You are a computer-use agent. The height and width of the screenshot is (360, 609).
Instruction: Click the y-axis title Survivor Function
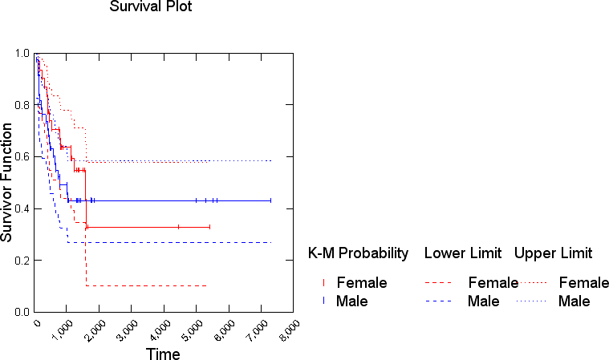7,182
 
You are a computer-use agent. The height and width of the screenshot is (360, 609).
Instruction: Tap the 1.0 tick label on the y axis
22,54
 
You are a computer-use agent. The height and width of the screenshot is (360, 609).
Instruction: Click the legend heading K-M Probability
357,253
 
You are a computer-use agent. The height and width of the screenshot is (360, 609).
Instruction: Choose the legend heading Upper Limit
553,253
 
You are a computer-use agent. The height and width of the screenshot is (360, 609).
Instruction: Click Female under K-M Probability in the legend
362,282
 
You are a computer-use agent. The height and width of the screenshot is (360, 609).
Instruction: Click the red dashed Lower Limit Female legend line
437,283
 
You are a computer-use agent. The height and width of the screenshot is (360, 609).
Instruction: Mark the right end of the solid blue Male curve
271,200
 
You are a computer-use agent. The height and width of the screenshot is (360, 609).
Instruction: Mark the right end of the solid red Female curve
209,228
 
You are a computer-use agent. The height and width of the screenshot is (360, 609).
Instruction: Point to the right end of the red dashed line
208,285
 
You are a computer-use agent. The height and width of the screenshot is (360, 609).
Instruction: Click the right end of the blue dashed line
272,242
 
